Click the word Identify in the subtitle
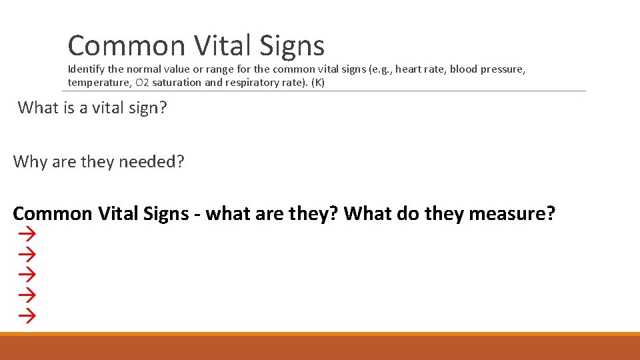pyautogui.click(x=85, y=69)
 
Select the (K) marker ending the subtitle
pyautogui.click(x=317, y=83)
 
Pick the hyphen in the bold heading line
pyautogui.click(x=197, y=215)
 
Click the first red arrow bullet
pyautogui.click(x=26, y=233)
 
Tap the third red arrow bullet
pyautogui.click(x=26, y=273)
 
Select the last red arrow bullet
pyautogui.click(x=26, y=314)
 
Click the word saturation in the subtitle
pyautogui.click(x=177, y=83)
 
